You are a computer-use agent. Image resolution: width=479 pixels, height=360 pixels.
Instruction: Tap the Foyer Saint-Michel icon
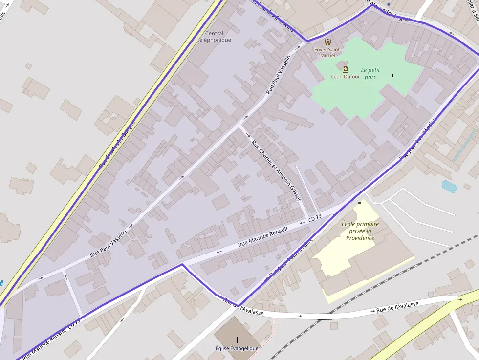pos(327,42)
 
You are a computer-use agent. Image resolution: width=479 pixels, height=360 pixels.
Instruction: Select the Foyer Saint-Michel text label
pos(327,53)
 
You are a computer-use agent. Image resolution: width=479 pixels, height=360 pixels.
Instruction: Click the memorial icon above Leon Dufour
pos(346,69)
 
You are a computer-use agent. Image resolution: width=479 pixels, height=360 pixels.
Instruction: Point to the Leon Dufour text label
pos(346,77)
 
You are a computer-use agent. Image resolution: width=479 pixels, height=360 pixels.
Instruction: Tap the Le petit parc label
pos(370,73)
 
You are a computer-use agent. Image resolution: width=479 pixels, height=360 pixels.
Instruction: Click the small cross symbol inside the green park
pos(392,75)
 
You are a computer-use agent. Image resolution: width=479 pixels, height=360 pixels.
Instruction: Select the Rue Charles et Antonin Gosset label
pos(276,170)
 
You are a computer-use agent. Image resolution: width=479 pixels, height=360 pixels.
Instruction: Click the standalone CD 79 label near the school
pos(315,218)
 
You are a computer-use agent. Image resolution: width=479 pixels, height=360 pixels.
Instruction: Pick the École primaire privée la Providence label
pos(360,231)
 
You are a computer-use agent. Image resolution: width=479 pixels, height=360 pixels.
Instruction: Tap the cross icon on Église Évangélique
pos(237,339)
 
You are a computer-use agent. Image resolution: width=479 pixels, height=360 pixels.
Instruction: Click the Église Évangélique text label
pos(237,348)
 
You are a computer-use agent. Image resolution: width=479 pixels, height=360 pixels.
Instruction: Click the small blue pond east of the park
pos(449,187)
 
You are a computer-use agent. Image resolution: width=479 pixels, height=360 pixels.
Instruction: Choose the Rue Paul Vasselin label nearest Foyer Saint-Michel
pos(278,74)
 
